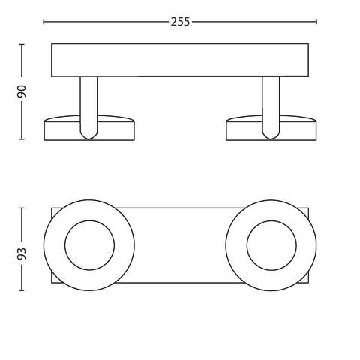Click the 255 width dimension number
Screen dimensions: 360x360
point(180,22)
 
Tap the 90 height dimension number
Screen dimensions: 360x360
point(22,91)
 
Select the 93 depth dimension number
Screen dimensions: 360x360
point(22,253)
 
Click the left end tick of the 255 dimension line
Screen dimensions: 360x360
point(43,22)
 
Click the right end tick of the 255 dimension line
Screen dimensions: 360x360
point(316,22)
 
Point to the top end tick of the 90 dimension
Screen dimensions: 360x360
point(22,44)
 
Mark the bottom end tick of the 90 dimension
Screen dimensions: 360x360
point(22,139)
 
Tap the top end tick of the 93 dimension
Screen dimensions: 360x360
point(22,208)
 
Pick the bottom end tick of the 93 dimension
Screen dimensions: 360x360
point(22,290)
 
